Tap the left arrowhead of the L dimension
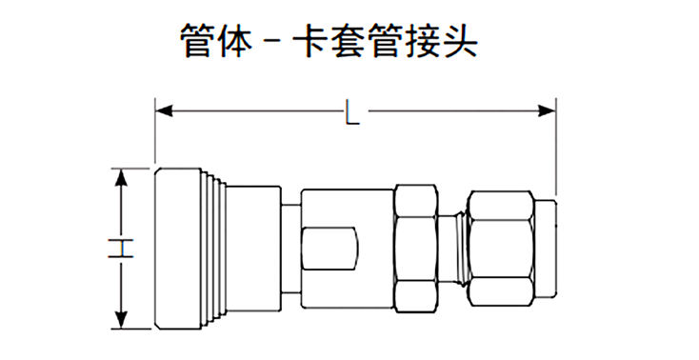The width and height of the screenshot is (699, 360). (x=164, y=111)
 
